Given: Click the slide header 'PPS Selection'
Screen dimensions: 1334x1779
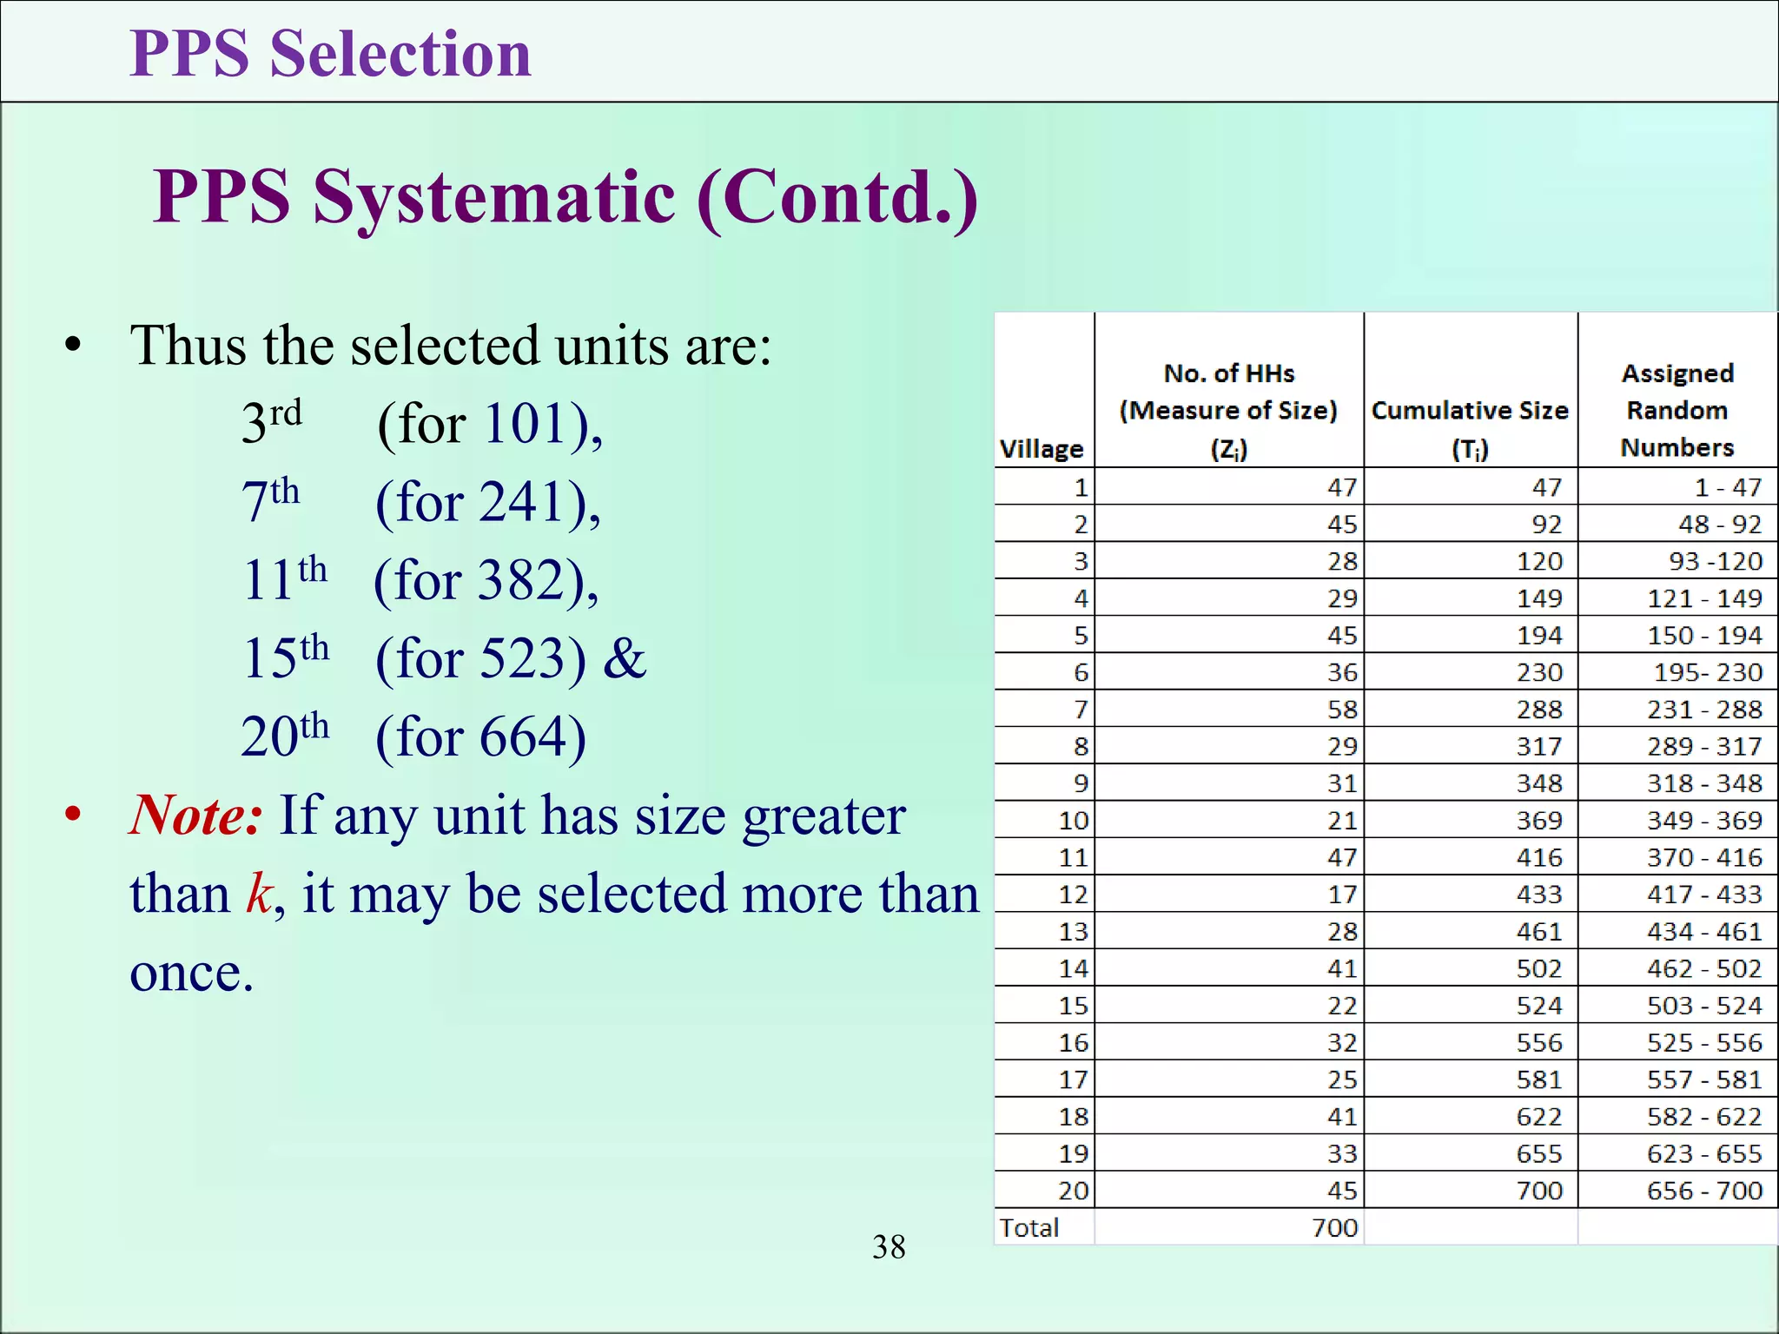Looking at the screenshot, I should click(x=330, y=54).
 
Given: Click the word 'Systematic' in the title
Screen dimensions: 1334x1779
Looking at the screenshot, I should click(x=493, y=198).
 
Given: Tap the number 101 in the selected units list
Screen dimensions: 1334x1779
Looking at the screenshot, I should click(x=526, y=425).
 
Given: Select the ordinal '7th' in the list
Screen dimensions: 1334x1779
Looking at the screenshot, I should click(x=270, y=500).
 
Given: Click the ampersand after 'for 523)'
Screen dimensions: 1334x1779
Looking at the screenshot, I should click(x=625, y=658).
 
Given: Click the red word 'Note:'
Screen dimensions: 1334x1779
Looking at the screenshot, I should click(x=196, y=816).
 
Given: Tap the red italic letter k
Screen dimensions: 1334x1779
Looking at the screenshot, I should click(x=260, y=894).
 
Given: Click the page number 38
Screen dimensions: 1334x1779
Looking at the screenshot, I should click(x=889, y=1247).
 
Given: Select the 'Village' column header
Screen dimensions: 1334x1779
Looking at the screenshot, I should click(x=1042, y=449).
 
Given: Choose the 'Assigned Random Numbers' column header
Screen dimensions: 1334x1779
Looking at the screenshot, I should click(x=1677, y=410).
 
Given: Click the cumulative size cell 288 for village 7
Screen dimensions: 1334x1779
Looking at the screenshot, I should click(x=1539, y=710).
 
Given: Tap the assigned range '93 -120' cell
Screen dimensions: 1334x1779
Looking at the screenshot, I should click(x=1716, y=562).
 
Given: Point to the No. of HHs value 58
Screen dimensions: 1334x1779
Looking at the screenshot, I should click(x=1342, y=710).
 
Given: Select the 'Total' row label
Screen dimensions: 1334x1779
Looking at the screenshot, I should click(x=1029, y=1228).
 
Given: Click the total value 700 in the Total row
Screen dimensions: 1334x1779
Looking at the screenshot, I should click(x=1335, y=1228).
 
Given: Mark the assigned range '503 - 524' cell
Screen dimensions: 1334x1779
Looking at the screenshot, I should click(x=1704, y=1006).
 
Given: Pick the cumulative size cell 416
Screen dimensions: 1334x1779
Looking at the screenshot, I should click(x=1539, y=858).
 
